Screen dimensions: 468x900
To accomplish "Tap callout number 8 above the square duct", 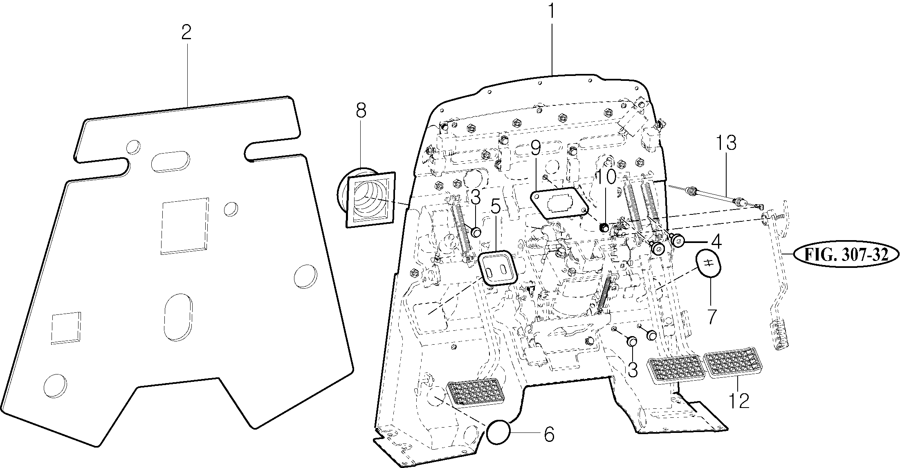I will pyautogui.click(x=361, y=111).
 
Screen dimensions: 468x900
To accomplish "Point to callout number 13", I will pyautogui.click(x=726, y=143).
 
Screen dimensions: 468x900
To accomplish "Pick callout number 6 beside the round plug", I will pyautogui.click(x=549, y=434).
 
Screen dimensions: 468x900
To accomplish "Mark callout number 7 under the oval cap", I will pyautogui.click(x=711, y=316).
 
